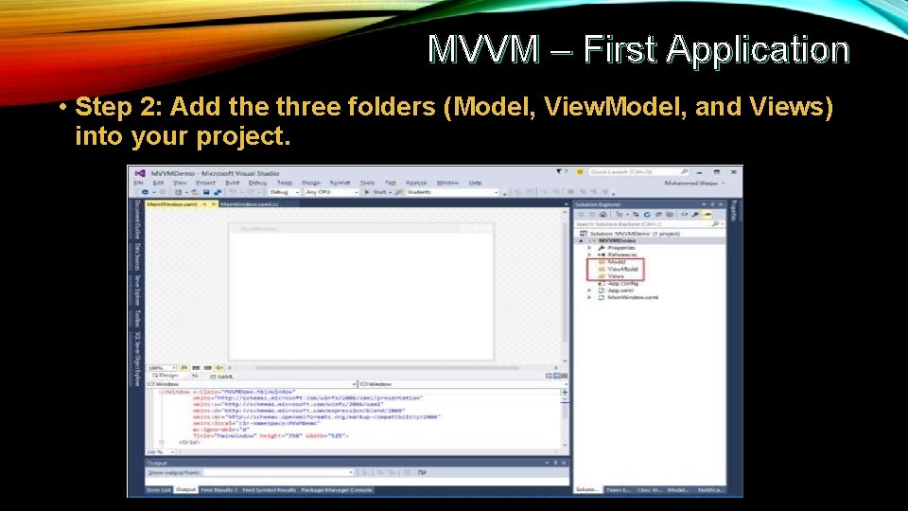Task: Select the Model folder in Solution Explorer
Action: tap(617, 262)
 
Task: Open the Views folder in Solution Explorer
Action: tap(616, 276)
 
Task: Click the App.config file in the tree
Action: tap(623, 283)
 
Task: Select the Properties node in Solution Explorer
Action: tap(621, 248)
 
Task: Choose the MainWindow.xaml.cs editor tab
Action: tap(250, 203)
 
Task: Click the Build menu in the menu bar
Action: tap(233, 183)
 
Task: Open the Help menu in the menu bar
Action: tap(475, 183)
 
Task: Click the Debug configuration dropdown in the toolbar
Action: tap(283, 192)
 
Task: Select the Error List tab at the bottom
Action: tap(158, 489)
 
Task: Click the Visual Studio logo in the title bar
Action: tap(140, 172)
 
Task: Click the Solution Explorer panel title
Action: tap(600, 203)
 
